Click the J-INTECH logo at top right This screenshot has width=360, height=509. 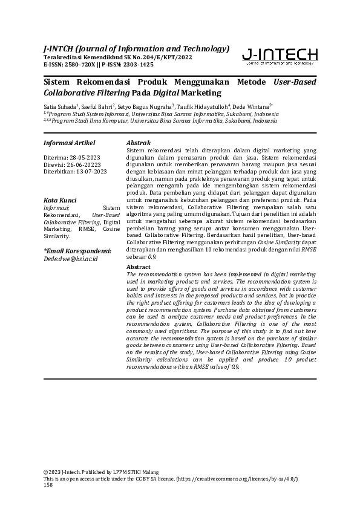click(279, 57)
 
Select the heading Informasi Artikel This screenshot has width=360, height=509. click(70, 143)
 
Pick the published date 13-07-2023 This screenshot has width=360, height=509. click(90, 171)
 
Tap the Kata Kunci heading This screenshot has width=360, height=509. click(59, 199)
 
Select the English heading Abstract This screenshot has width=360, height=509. click(139, 267)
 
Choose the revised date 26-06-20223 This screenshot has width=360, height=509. click(84, 164)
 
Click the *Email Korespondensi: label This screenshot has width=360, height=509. click(77, 250)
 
